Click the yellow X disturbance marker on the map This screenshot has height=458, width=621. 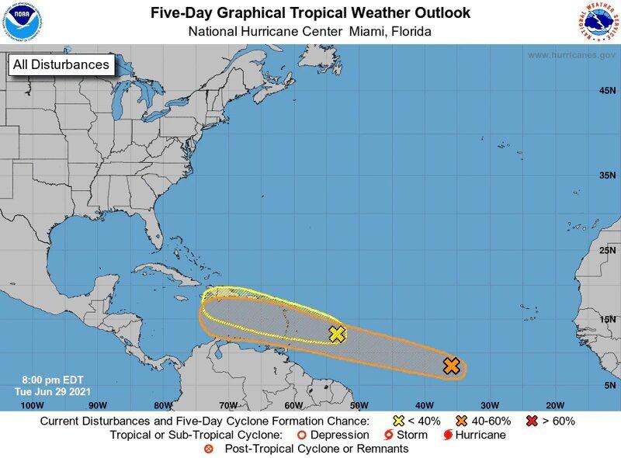(337, 335)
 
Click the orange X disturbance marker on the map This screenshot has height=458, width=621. (452, 366)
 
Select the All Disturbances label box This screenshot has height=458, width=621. (61, 64)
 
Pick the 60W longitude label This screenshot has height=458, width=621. (293, 405)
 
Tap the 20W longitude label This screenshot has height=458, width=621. (554, 405)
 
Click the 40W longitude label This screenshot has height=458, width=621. (424, 405)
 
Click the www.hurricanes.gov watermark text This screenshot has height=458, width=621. (571, 55)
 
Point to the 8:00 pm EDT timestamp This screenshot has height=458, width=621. (43, 380)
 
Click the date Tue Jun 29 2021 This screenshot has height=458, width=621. (44, 392)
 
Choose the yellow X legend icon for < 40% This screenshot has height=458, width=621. (398, 421)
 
